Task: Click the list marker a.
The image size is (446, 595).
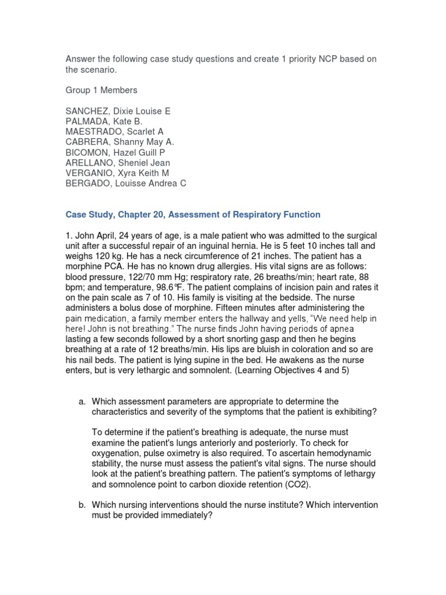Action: coord(81,402)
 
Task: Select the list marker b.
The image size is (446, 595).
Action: coord(81,505)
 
